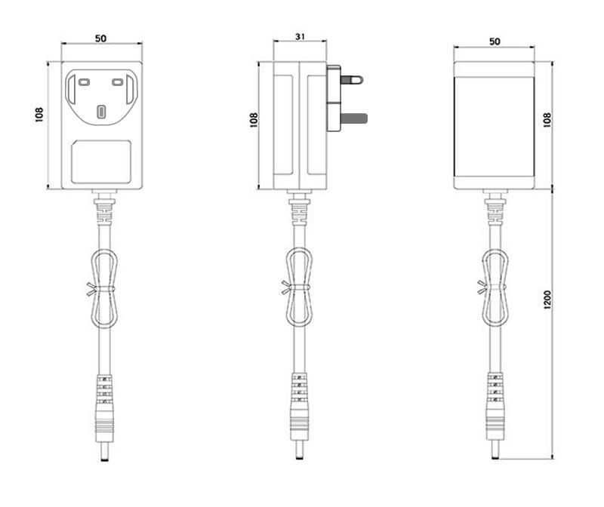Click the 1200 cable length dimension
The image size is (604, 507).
pos(547,300)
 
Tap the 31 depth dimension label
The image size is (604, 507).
pos(300,36)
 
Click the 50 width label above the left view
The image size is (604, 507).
pos(100,38)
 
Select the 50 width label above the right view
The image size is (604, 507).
pos(495,41)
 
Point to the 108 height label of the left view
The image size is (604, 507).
pos(39,115)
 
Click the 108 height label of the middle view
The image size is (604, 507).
pos(254,120)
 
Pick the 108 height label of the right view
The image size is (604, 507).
pos(547,120)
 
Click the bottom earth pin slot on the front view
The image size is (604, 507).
pos(101,112)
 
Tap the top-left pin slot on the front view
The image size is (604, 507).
pos(84,82)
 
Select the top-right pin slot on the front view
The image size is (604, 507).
pos(118,82)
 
